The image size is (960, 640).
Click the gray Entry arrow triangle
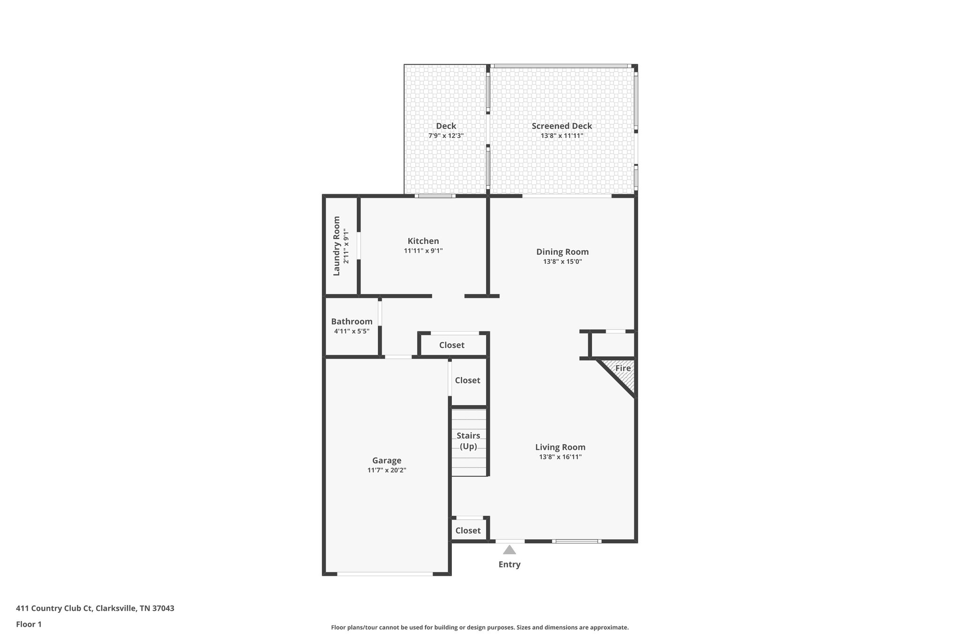pyautogui.click(x=509, y=550)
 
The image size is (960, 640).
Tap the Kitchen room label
pyautogui.click(x=423, y=241)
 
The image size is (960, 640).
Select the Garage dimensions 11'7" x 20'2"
pyautogui.click(x=387, y=470)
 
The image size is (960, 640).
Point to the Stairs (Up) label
pyautogui.click(x=468, y=441)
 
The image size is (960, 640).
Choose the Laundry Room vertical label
pyautogui.click(x=336, y=246)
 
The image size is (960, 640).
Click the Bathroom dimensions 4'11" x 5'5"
pyautogui.click(x=352, y=331)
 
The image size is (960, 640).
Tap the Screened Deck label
pyautogui.click(x=562, y=126)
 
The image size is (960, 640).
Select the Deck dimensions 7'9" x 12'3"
pyautogui.click(x=446, y=136)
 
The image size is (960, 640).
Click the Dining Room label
pyautogui.click(x=562, y=252)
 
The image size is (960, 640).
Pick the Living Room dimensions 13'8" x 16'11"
pyautogui.click(x=560, y=457)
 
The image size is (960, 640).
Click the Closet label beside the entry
pyautogui.click(x=468, y=530)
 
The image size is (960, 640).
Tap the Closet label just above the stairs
pyautogui.click(x=467, y=380)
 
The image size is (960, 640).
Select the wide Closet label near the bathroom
pyautogui.click(x=451, y=345)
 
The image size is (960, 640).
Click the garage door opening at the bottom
pyautogui.click(x=385, y=573)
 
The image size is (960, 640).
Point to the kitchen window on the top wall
pyautogui.click(x=436, y=196)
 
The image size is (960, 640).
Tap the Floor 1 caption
pyautogui.click(x=29, y=625)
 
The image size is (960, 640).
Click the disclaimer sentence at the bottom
pyautogui.click(x=480, y=627)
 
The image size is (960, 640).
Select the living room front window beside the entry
pyautogui.click(x=577, y=541)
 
